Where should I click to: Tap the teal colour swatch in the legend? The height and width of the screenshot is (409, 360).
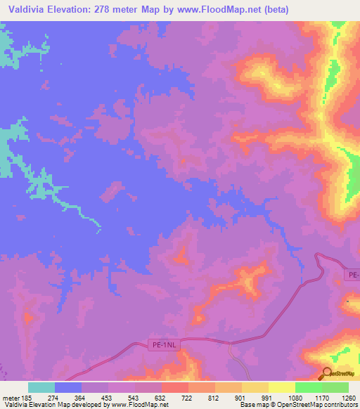tap(41, 387)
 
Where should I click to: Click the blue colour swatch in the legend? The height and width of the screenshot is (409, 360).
tap(68, 387)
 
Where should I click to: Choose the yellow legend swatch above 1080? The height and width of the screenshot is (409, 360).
tap(282, 387)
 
